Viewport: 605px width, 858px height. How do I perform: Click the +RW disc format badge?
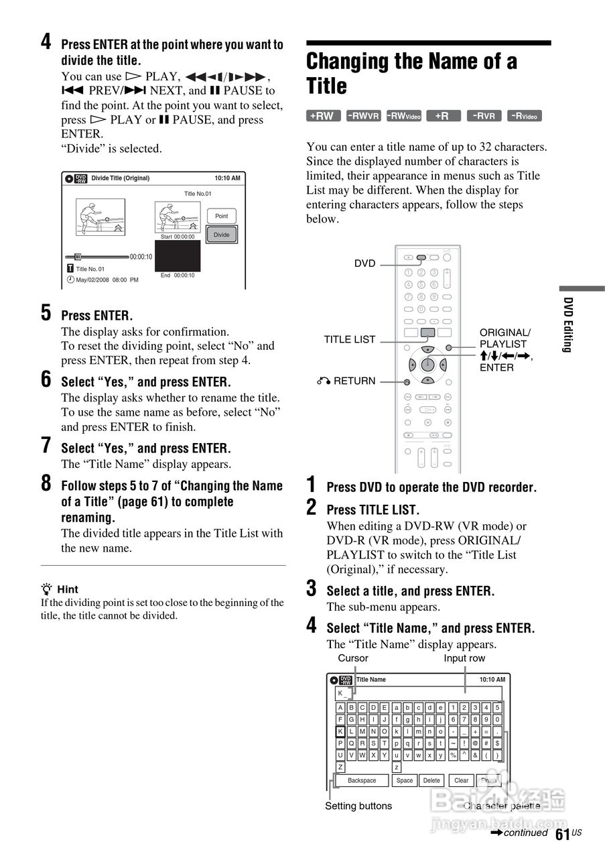coord(323,116)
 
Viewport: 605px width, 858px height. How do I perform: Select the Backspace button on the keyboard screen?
coord(362,780)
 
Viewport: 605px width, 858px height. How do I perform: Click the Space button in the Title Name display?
coord(405,780)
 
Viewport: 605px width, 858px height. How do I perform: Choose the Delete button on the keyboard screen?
coord(432,780)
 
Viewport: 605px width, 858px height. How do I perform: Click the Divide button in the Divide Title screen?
coord(221,235)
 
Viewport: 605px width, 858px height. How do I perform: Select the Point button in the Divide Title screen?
coord(221,216)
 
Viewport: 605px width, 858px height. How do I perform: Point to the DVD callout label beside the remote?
coord(365,264)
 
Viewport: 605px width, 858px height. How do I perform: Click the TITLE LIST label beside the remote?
coord(350,339)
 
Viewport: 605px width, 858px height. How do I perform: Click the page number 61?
coord(562,834)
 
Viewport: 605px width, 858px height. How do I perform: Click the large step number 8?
coord(46,483)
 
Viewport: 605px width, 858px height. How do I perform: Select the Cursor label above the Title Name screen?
coord(353,658)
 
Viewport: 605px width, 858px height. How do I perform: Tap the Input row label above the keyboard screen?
coord(464,658)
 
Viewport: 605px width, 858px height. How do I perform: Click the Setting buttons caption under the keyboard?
coord(358,806)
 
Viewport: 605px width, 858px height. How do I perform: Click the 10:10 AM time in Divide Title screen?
coord(227,178)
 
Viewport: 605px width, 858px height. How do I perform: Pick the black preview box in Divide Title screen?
coord(178,256)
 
